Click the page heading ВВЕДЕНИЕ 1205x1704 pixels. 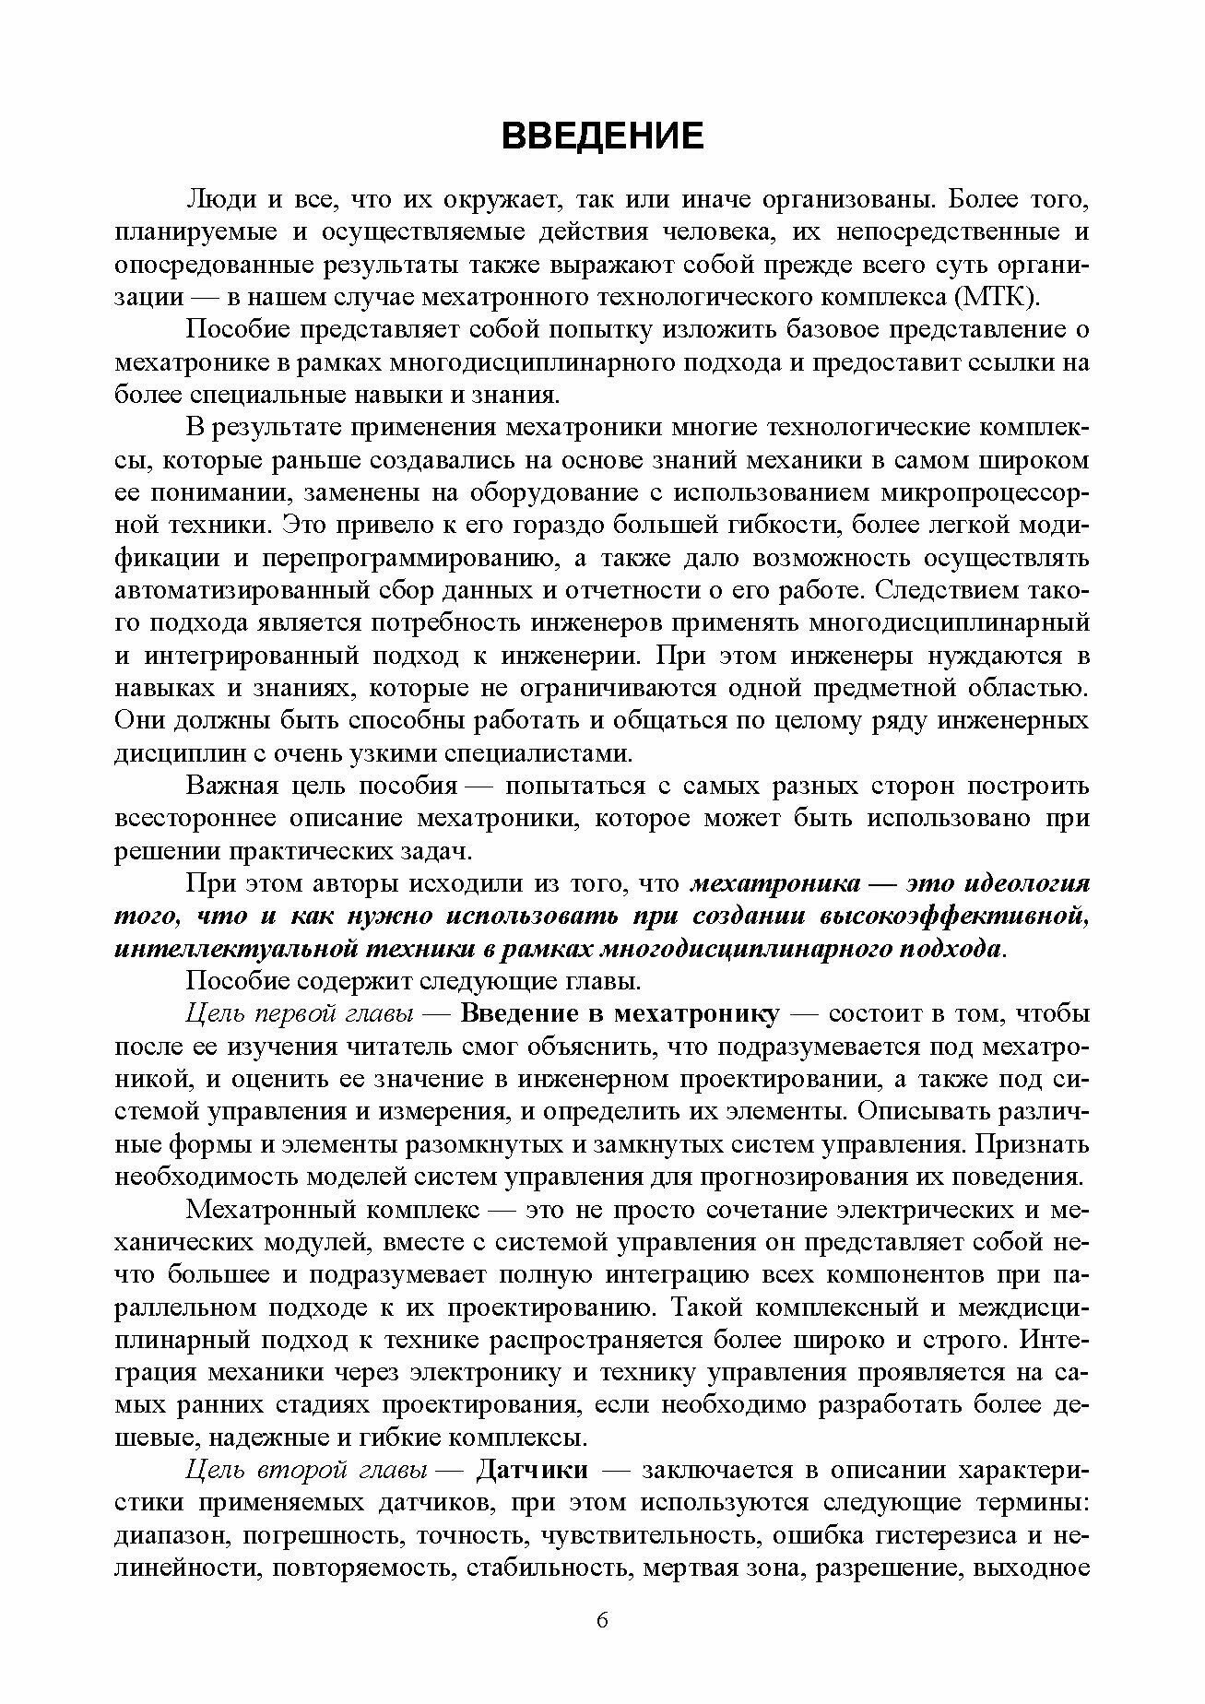(602, 136)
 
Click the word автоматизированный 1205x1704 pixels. (239, 590)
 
